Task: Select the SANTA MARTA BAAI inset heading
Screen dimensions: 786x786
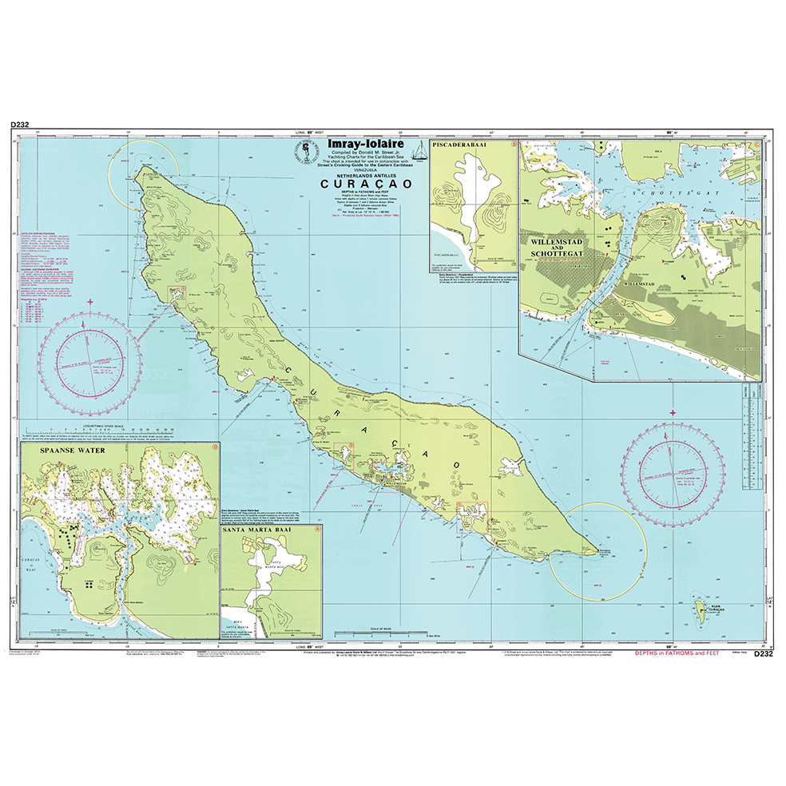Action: point(272,530)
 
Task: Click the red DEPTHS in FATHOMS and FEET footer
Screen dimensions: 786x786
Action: point(676,653)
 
